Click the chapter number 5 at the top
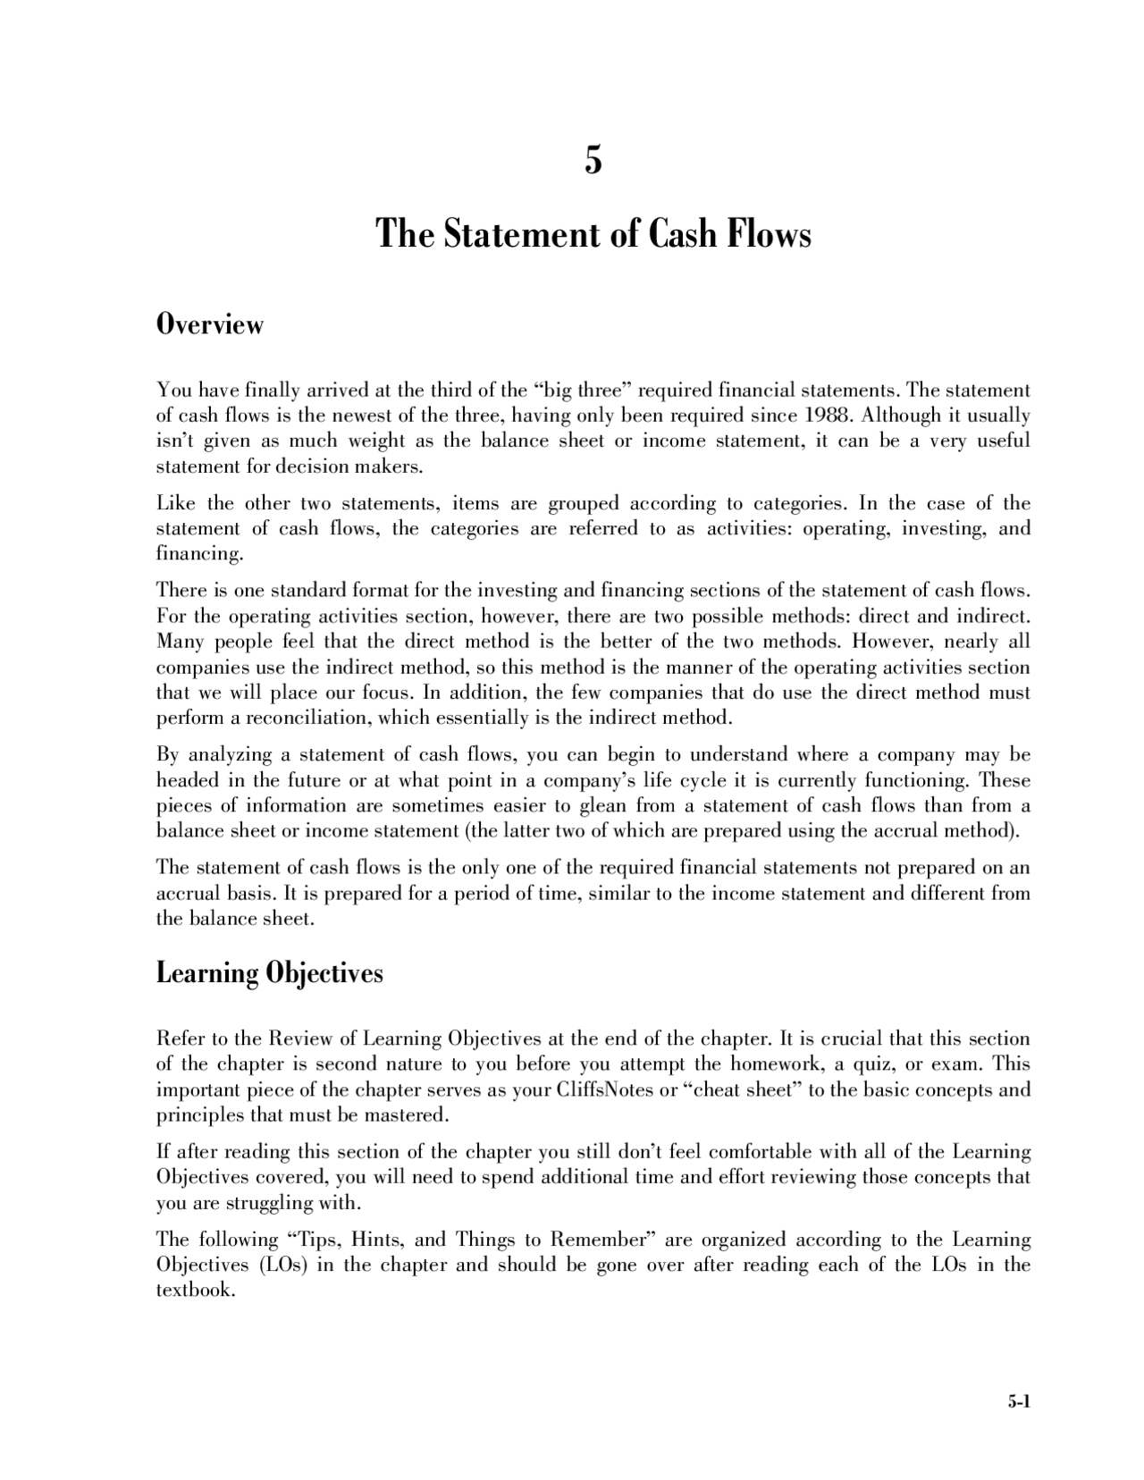click(x=593, y=161)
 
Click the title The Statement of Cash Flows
click(x=593, y=234)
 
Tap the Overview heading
click(x=210, y=324)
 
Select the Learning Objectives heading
click(x=269, y=972)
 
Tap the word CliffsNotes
click(x=604, y=1089)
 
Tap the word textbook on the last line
click(x=194, y=1291)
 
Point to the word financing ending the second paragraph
click(x=198, y=554)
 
